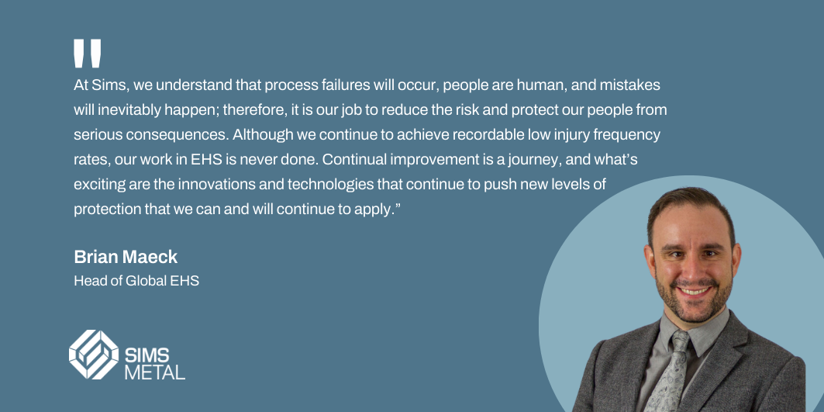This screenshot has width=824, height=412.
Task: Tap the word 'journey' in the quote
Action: (504, 159)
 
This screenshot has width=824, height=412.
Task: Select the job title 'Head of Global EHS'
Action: (136, 280)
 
